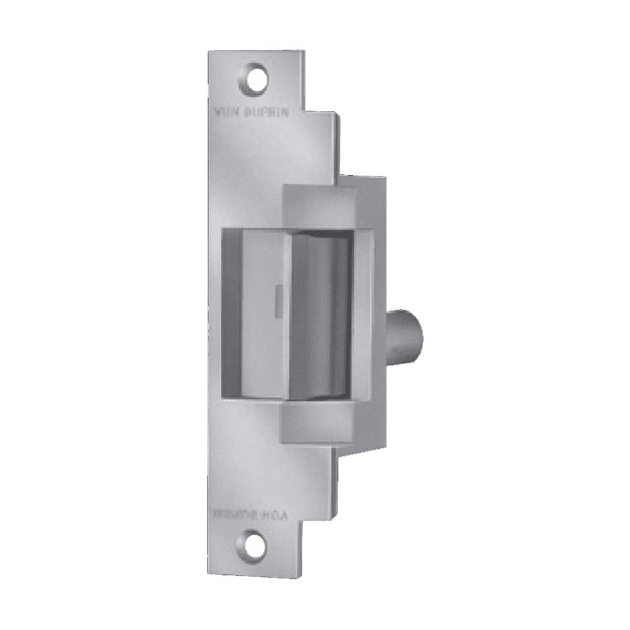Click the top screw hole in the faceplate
click(x=257, y=78)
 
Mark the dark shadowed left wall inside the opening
click(x=229, y=312)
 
